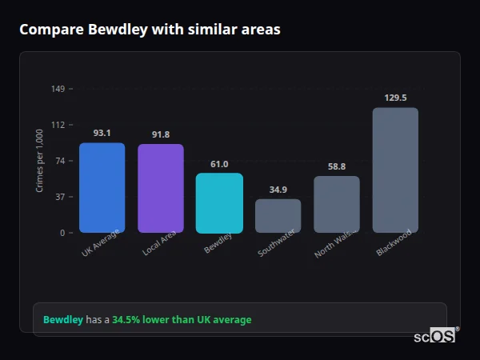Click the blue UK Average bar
coord(102,188)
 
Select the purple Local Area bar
coord(161,189)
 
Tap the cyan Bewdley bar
coord(219,203)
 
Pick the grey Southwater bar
coord(278,216)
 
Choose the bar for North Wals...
coord(337,205)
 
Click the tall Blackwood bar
coord(395,170)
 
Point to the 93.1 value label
coord(102,133)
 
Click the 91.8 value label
coord(161,134)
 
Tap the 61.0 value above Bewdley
coord(219,164)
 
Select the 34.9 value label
coord(278,190)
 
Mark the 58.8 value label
coord(337,166)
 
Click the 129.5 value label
coord(395,98)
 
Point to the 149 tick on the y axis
coord(58,88)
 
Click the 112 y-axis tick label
coord(58,125)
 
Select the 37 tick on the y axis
coord(60,197)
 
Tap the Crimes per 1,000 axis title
coord(40,161)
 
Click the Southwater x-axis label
coord(277,243)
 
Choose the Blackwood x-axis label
coord(394,242)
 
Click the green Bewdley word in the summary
coord(63,320)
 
